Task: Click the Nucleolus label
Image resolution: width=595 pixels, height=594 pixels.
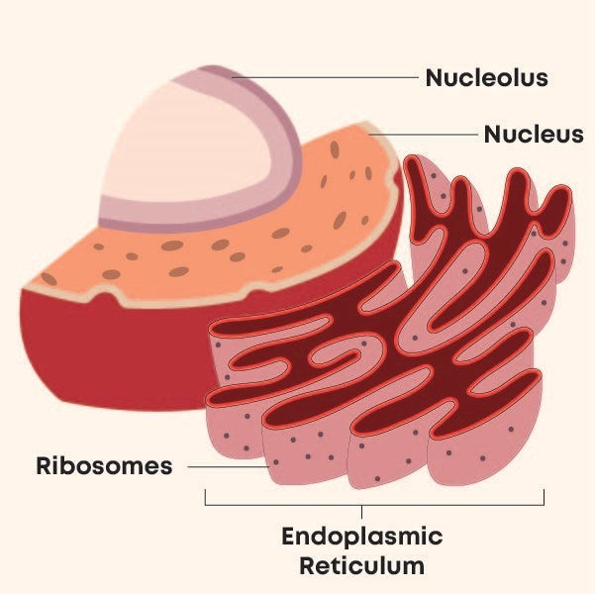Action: [486, 77]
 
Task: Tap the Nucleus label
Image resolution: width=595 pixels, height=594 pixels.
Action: [533, 134]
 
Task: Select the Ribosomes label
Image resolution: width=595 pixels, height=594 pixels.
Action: [104, 465]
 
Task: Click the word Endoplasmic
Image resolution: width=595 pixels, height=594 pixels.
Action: [362, 538]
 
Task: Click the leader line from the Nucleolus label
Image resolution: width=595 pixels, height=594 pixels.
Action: [327, 76]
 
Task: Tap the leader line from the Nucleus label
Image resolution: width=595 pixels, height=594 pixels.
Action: [426, 133]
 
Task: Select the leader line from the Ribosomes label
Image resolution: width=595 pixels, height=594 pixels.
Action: [228, 465]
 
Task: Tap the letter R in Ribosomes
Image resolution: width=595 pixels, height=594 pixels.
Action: [44, 465]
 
